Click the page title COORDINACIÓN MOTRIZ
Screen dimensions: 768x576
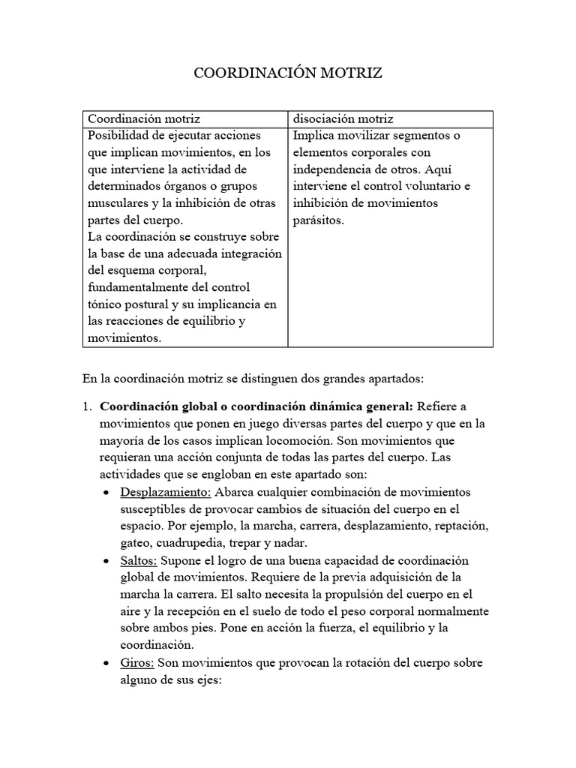pos(288,73)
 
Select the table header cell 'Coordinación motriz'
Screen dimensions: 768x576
pos(144,119)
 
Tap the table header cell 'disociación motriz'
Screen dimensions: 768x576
pos(343,119)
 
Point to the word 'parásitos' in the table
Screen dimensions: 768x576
pos(318,220)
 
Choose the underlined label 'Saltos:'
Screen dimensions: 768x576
pos(139,561)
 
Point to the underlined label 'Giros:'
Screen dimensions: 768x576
pos(137,664)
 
